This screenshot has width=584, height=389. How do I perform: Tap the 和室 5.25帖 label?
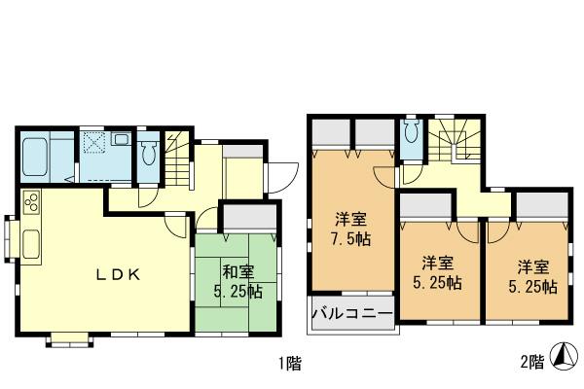(x=238, y=280)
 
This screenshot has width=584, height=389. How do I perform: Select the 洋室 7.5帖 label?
(x=348, y=228)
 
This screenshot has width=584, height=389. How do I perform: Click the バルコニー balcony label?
(x=352, y=314)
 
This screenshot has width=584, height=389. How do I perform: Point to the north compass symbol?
(x=563, y=358)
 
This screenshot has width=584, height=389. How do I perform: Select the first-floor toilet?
(x=149, y=154)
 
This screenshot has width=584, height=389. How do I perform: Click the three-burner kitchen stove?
(x=30, y=205)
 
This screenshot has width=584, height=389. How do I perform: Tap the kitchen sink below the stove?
(x=28, y=240)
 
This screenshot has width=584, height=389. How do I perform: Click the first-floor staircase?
(x=176, y=161)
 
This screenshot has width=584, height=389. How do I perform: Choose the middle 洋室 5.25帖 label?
(x=441, y=272)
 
